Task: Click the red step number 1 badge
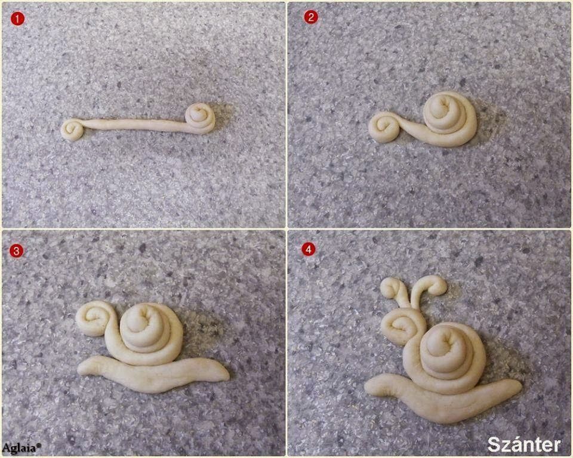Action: (17, 18)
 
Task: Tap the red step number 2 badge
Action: (310, 17)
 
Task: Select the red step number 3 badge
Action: (16, 251)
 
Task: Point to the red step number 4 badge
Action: (309, 249)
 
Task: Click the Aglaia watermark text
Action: (21, 448)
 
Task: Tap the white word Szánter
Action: (523, 444)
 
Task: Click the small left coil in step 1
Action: (73, 129)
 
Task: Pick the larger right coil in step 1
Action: (200, 117)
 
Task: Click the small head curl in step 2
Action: (384, 127)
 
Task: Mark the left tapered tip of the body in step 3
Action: (79, 370)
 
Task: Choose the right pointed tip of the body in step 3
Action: (229, 376)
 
